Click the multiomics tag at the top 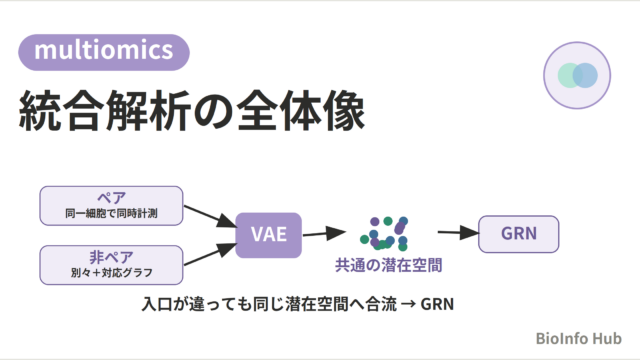(x=104, y=52)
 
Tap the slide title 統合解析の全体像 (x=192, y=111)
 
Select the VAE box (x=269, y=235)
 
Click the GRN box (x=519, y=234)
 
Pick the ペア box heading (x=111, y=198)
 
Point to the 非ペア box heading (x=111, y=258)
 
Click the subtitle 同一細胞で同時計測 (x=111, y=213)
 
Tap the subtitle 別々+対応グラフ (x=111, y=272)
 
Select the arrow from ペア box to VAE (x=210, y=216)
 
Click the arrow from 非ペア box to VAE (x=210, y=254)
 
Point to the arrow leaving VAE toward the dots (x=324, y=233)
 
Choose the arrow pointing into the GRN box (x=458, y=233)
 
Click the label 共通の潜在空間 (x=389, y=265)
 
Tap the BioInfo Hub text (x=578, y=338)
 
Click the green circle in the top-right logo (x=569, y=76)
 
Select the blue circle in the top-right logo (x=585, y=76)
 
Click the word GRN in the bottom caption (x=437, y=304)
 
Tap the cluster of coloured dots (x=384, y=233)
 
